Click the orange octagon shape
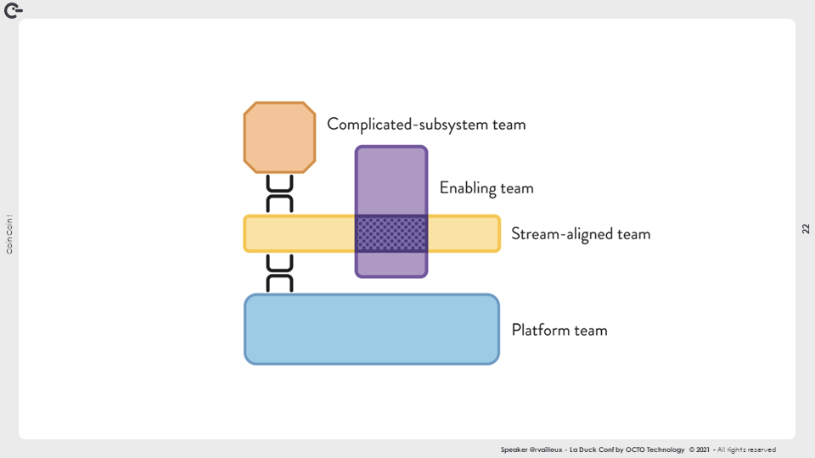click(x=279, y=137)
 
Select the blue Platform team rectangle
click(x=371, y=329)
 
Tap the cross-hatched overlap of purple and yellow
click(x=391, y=233)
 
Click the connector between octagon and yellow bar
click(x=279, y=194)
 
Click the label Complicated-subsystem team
click(x=426, y=124)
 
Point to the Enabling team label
click(x=486, y=187)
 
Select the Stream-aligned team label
click(x=581, y=233)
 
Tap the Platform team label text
click(x=559, y=330)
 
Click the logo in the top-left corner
click(x=13, y=10)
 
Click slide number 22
click(x=806, y=229)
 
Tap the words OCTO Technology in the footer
click(x=655, y=450)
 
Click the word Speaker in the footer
click(x=514, y=450)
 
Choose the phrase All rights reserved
click(x=747, y=450)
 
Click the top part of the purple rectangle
click(x=391, y=178)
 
